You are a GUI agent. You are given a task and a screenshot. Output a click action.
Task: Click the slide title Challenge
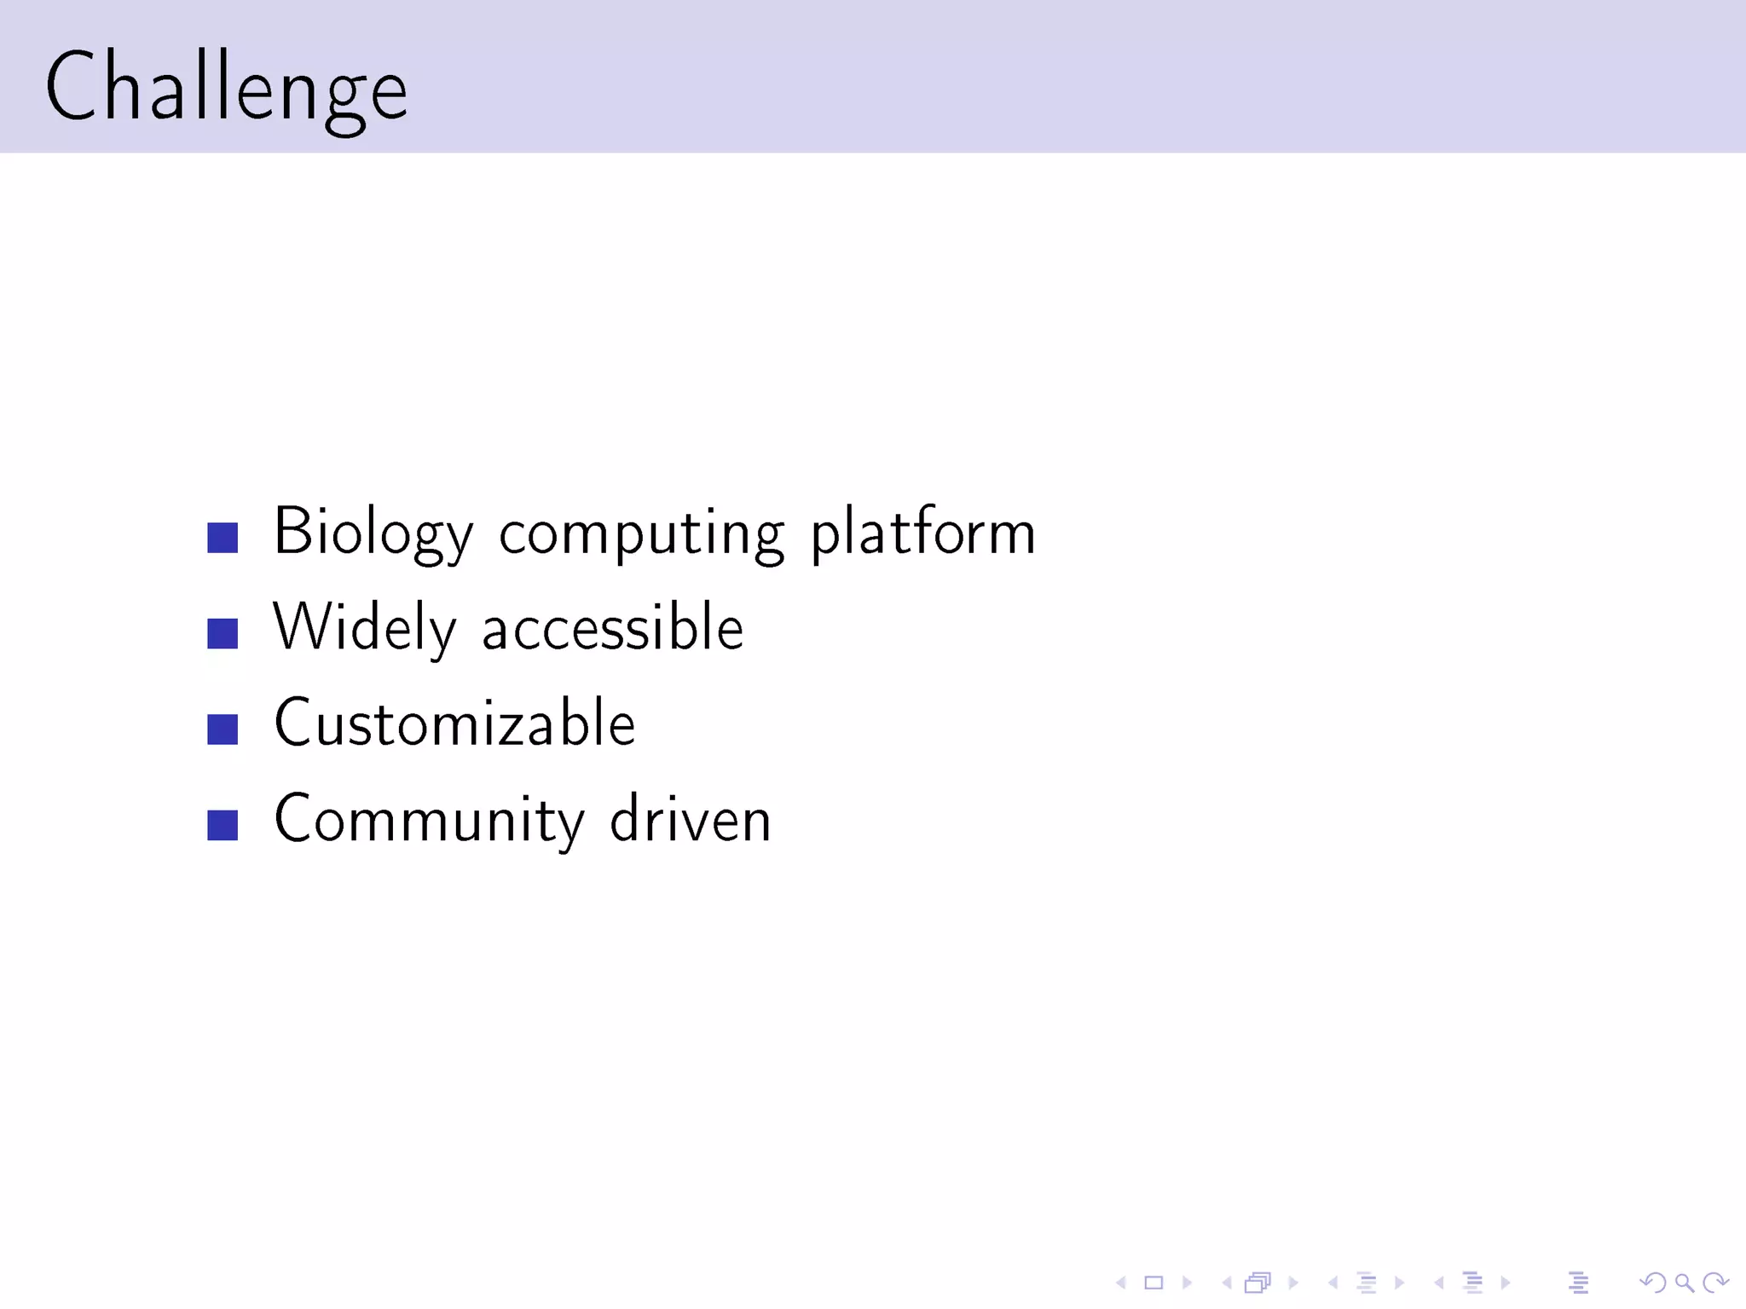click(x=227, y=87)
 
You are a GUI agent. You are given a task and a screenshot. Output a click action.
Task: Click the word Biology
click(x=373, y=532)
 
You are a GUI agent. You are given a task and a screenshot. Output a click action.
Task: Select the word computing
click(x=640, y=533)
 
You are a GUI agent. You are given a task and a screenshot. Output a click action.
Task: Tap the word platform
click(x=922, y=532)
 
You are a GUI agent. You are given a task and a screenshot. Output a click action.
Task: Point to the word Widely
click(x=364, y=628)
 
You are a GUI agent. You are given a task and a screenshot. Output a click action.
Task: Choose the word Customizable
click(x=454, y=723)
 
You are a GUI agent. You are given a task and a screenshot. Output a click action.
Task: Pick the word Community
click(x=429, y=820)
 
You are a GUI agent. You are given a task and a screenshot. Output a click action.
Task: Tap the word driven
click(x=690, y=819)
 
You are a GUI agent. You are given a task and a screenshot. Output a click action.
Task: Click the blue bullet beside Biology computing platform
click(x=223, y=538)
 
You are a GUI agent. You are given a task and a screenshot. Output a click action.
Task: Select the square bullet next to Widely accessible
click(x=223, y=633)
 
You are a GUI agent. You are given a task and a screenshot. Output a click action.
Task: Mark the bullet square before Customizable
click(x=223, y=729)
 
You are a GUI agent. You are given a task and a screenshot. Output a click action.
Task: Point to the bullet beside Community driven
click(x=223, y=825)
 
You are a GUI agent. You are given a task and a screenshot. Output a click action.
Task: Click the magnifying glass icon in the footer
click(x=1684, y=1283)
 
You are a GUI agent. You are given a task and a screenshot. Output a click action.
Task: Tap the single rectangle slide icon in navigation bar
click(x=1153, y=1283)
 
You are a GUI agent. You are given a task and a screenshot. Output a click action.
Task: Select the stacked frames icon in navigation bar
click(x=1258, y=1283)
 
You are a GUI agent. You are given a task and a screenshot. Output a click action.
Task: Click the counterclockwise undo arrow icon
click(x=1652, y=1283)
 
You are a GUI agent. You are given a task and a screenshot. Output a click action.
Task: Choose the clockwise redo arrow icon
click(x=1715, y=1283)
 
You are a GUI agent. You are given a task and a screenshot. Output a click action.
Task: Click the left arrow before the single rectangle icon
click(x=1121, y=1283)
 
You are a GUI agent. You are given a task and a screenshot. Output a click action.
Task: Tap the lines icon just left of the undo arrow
click(x=1578, y=1283)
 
